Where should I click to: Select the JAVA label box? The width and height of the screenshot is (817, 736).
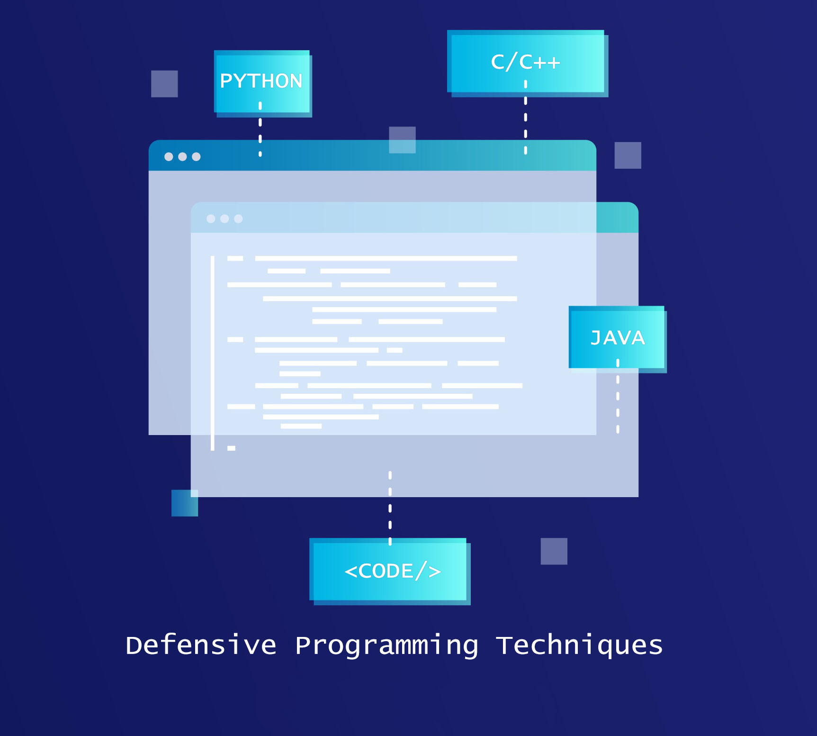click(617, 337)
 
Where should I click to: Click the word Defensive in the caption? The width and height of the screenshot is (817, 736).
click(201, 645)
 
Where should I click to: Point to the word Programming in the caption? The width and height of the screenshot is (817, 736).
click(386, 646)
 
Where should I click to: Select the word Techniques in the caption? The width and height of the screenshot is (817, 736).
click(579, 645)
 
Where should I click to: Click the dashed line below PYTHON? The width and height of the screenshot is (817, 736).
click(260, 129)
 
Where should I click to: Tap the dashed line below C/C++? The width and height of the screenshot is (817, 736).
click(525, 118)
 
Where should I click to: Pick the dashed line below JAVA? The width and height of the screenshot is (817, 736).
click(618, 397)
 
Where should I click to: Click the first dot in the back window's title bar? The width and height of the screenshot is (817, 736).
click(169, 157)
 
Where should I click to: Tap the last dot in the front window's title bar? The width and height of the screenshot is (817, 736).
click(238, 218)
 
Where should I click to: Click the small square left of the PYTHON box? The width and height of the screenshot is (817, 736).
click(164, 84)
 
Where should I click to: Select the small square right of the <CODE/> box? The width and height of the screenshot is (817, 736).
click(554, 551)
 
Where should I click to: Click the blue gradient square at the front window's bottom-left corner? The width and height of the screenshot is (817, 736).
click(184, 503)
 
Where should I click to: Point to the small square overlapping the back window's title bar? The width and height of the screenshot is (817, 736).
click(402, 140)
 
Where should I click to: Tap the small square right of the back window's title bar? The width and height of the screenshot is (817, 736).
click(628, 155)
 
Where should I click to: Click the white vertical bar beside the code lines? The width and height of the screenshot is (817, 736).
click(213, 353)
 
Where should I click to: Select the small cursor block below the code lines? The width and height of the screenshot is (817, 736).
click(231, 448)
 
